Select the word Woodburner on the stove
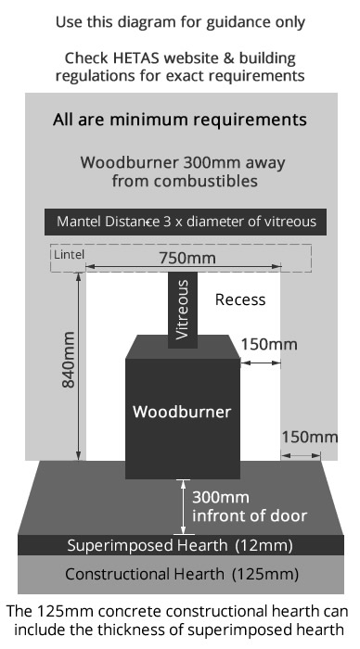coord(181,410)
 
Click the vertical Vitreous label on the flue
coord(183,311)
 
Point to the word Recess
coord(239,299)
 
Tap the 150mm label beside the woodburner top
coord(269,344)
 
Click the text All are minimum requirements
coord(180,121)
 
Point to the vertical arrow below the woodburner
coord(182,502)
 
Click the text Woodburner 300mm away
coord(182,162)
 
